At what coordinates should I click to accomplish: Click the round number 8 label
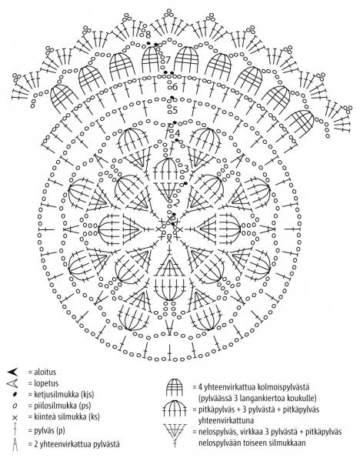point(148,35)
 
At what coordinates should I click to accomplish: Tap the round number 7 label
point(167,60)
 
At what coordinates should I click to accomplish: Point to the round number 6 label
point(175,87)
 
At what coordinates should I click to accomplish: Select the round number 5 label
point(175,110)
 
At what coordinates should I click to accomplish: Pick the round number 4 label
point(177,133)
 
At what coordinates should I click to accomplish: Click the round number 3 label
point(186,169)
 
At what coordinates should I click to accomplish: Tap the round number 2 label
point(177,202)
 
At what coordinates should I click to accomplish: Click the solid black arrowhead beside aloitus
point(13,372)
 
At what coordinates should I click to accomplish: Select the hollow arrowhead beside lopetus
point(12,383)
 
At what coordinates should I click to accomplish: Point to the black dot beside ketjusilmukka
point(15,395)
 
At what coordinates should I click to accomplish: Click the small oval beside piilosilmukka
point(15,406)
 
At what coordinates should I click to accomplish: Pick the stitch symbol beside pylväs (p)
point(15,430)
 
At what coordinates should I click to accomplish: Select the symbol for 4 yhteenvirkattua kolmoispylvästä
point(175,387)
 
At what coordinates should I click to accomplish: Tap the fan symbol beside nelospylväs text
point(175,435)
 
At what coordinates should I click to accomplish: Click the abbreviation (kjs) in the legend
point(87,395)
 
